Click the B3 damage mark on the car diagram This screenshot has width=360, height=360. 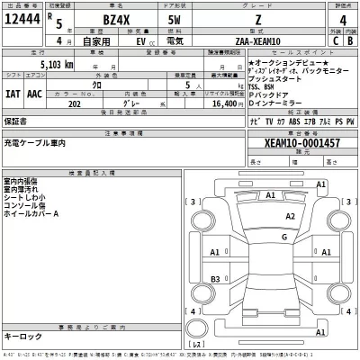(x=214, y=281)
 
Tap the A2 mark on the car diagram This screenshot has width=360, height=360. (x=290, y=217)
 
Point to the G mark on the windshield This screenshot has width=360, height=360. (x=283, y=237)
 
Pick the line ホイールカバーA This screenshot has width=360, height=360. (x=31, y=214)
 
